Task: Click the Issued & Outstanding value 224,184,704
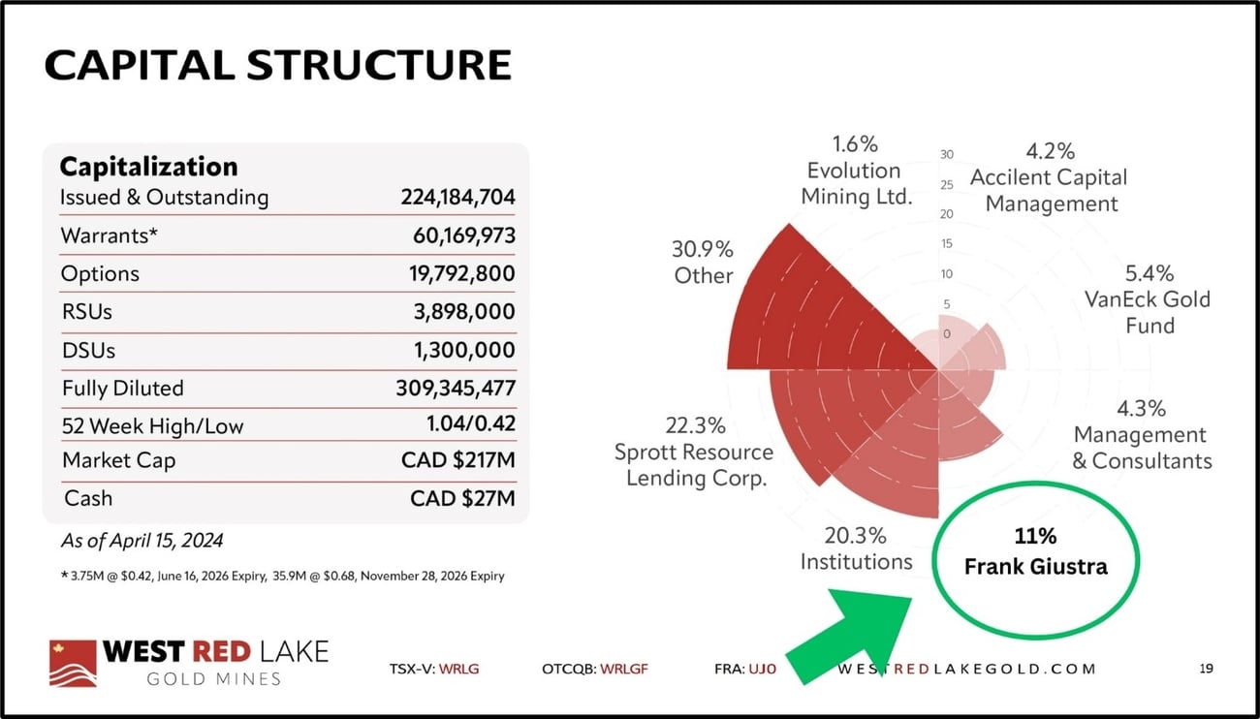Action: [x=457, y=198]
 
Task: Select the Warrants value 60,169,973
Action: [x=462, y=235]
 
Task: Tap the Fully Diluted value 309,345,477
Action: [x=456, y=389]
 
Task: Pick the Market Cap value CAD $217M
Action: [x=458, y=460]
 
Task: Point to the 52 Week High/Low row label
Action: [x=152, y=425]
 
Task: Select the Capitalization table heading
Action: [x=148, y=166]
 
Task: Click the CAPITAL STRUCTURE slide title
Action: [x=277, y=64]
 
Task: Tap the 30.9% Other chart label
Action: [x=703, y=262]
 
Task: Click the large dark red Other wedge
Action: [x=814, y=310]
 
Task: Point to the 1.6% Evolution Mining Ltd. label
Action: [x=855, y=171]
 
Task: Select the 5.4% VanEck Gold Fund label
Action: [x=1149, y=299]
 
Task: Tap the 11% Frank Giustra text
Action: [x=1035, y=551]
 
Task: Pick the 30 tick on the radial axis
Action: [x=947, y=155]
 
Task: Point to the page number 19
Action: [x=1205, y=669]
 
